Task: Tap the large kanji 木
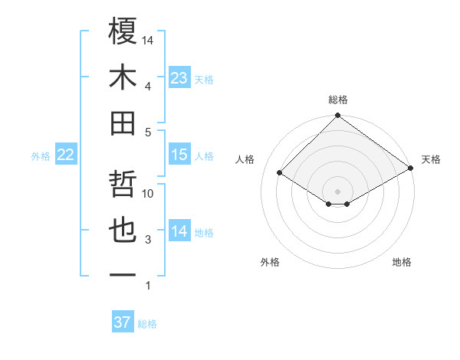[123, 77]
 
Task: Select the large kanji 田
[123, 123]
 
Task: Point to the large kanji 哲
[123, 185]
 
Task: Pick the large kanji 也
[123, 231]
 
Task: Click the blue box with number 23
[179, 78]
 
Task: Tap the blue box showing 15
[179, 155]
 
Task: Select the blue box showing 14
[179, 231]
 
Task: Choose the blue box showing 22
[66, 155]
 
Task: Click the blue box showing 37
[123, 322]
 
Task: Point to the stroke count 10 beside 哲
[149, 194]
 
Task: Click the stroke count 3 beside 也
[148, 240]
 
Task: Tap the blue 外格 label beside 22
[41, 156]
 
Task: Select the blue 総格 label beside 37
[147, 324]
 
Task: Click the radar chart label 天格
[431, 159]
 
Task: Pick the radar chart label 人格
[245, 159]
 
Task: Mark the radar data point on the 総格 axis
[337, 116]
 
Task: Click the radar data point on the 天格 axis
[411, 169]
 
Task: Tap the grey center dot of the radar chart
[337, 191]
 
